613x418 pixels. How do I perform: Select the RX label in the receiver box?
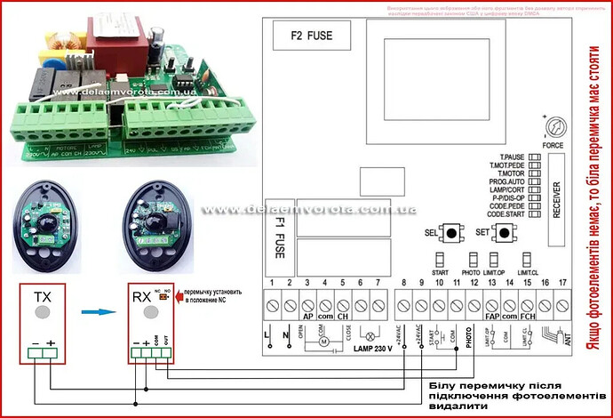click(141, 297)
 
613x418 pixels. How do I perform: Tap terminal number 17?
click(562, 283)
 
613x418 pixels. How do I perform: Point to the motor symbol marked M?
click(324, 342)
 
